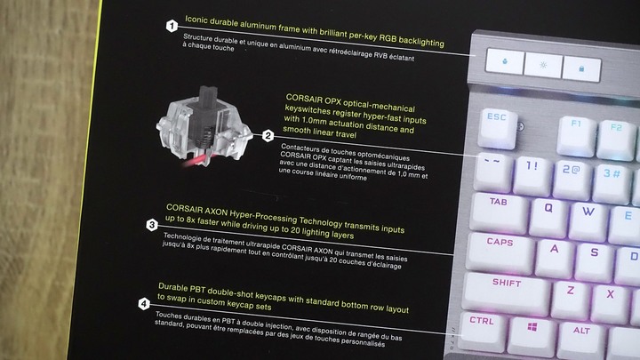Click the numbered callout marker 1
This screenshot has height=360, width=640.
tap(172, 26)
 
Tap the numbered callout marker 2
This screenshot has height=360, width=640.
tap(268, 135)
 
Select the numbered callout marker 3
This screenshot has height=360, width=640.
tap(152, 225)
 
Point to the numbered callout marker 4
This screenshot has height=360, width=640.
tap(144, 304)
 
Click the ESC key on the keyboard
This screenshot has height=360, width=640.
tap(497, 128)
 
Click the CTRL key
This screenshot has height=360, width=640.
tap(483, 332)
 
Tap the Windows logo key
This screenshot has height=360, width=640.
tap(532, 337)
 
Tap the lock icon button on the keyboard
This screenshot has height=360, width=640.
tap(581, 68)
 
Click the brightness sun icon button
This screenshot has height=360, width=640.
tap(543, 65)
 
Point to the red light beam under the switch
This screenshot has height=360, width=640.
tap(195, 161)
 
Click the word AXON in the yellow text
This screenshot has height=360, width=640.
tap(215, 211)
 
